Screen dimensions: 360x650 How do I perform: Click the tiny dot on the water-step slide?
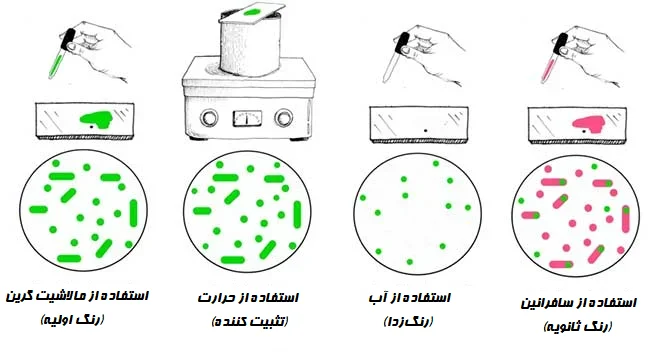click(x=424, y=130)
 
